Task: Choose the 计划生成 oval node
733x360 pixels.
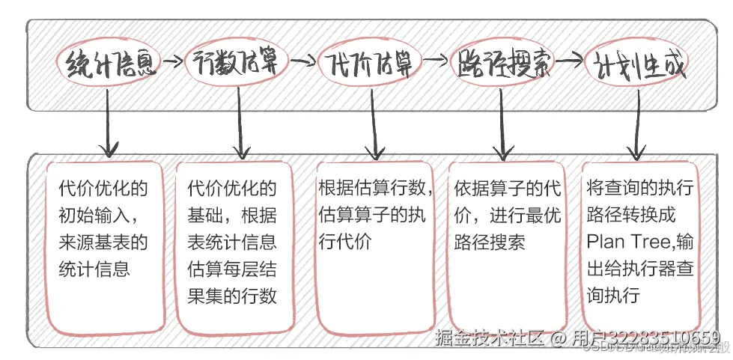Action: pyautogui.click(x=636, y=66)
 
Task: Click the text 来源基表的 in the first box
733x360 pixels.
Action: pyautogui.click(x=103, y=242)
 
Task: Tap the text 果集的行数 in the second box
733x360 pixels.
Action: pyautogui.click(x=231, y=296)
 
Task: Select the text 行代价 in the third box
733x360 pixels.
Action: pyautogui.click(x=347, y=242)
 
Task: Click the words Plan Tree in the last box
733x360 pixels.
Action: pyautogui.click(x=621, y=242)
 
